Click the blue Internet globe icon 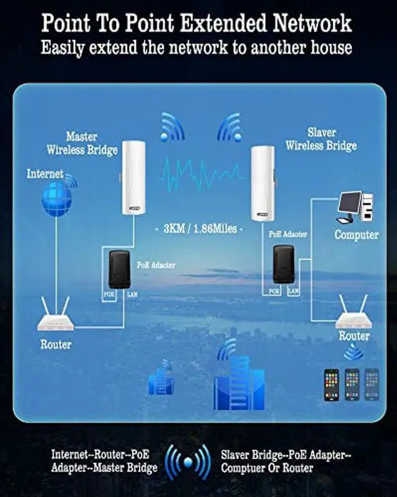(x=56, y=198)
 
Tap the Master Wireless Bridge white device (x=132, y=179)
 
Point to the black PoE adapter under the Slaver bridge (x=283, y=265)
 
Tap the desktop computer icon (x=355, y=208)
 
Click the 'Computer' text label (x=356, y=235)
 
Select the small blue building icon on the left (x=161, y=381)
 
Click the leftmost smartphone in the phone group (x=331, y=385)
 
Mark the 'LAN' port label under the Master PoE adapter (x=132, y=294)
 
